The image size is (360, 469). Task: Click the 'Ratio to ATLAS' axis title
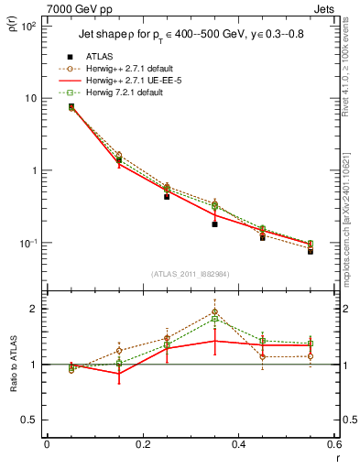click(x=12, y=365)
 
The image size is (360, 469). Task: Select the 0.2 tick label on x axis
click(x=142, y=445)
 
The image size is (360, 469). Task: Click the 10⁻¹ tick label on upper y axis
click(x=28, y=243)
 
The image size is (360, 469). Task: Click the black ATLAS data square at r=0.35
click(x=214, y=224)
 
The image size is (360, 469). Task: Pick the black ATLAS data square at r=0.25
click(x=167, y=196)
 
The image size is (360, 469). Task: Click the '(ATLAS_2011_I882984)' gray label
click(x=191, y=273)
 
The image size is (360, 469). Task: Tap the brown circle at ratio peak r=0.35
click(x=214, y=311)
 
